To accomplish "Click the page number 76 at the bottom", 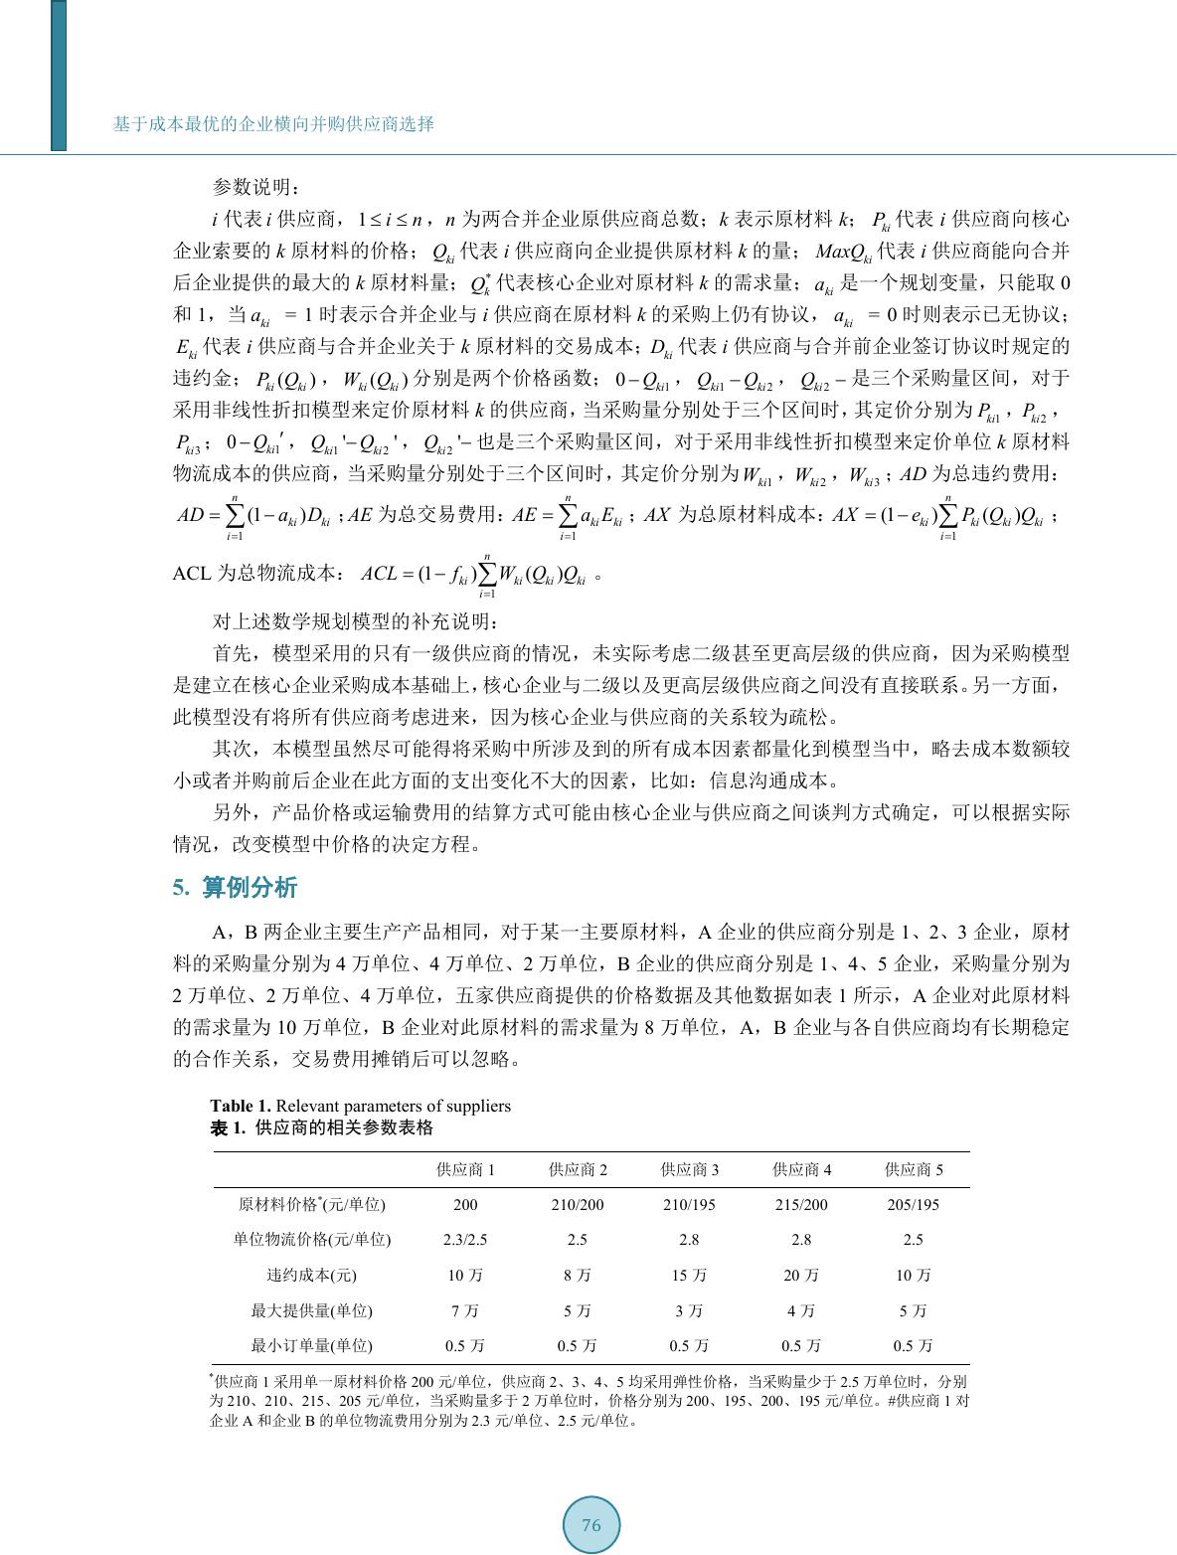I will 591,1526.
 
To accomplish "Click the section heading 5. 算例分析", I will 235,888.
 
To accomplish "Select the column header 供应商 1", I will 465,1169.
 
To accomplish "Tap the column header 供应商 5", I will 914,1169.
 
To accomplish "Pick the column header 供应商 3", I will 690,1169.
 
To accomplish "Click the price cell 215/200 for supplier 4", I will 801,1204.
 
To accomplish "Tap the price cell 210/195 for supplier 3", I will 690,1204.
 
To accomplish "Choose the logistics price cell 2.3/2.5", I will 465,1240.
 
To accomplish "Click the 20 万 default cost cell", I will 801,1275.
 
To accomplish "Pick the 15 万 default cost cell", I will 690,1275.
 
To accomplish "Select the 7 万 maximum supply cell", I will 465,1310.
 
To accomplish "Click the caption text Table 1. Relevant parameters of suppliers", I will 360,1106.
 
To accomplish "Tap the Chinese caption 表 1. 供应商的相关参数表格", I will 321,1128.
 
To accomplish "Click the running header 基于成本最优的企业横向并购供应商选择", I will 273,124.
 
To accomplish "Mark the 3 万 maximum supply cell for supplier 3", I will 690,1310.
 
